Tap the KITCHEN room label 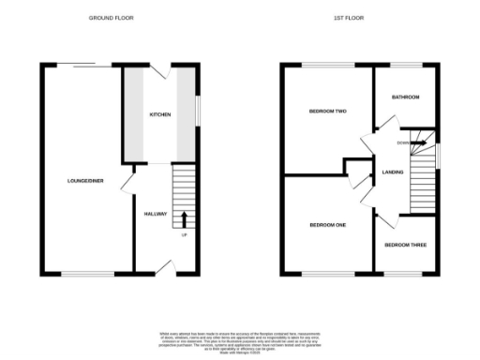(x=161, y=114)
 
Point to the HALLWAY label (x=156, y=215)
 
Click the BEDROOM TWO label (x=329, y=112)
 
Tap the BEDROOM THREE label (x=405, y=246)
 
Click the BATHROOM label (x=405, y=97)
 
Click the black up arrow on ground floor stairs (x=184, y=219)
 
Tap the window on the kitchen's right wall (x=198, y=108)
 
